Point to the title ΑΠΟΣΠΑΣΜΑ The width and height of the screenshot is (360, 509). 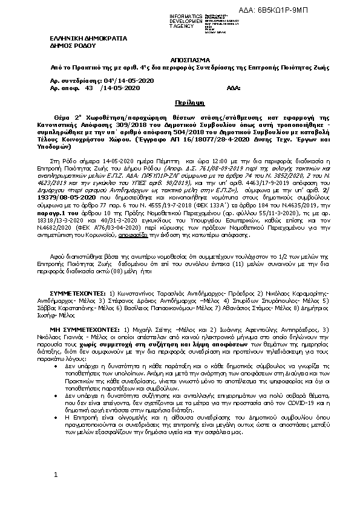pos(180,61)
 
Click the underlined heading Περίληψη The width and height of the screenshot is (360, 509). pos(180,103)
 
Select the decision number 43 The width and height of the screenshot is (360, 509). pos(90,88)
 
